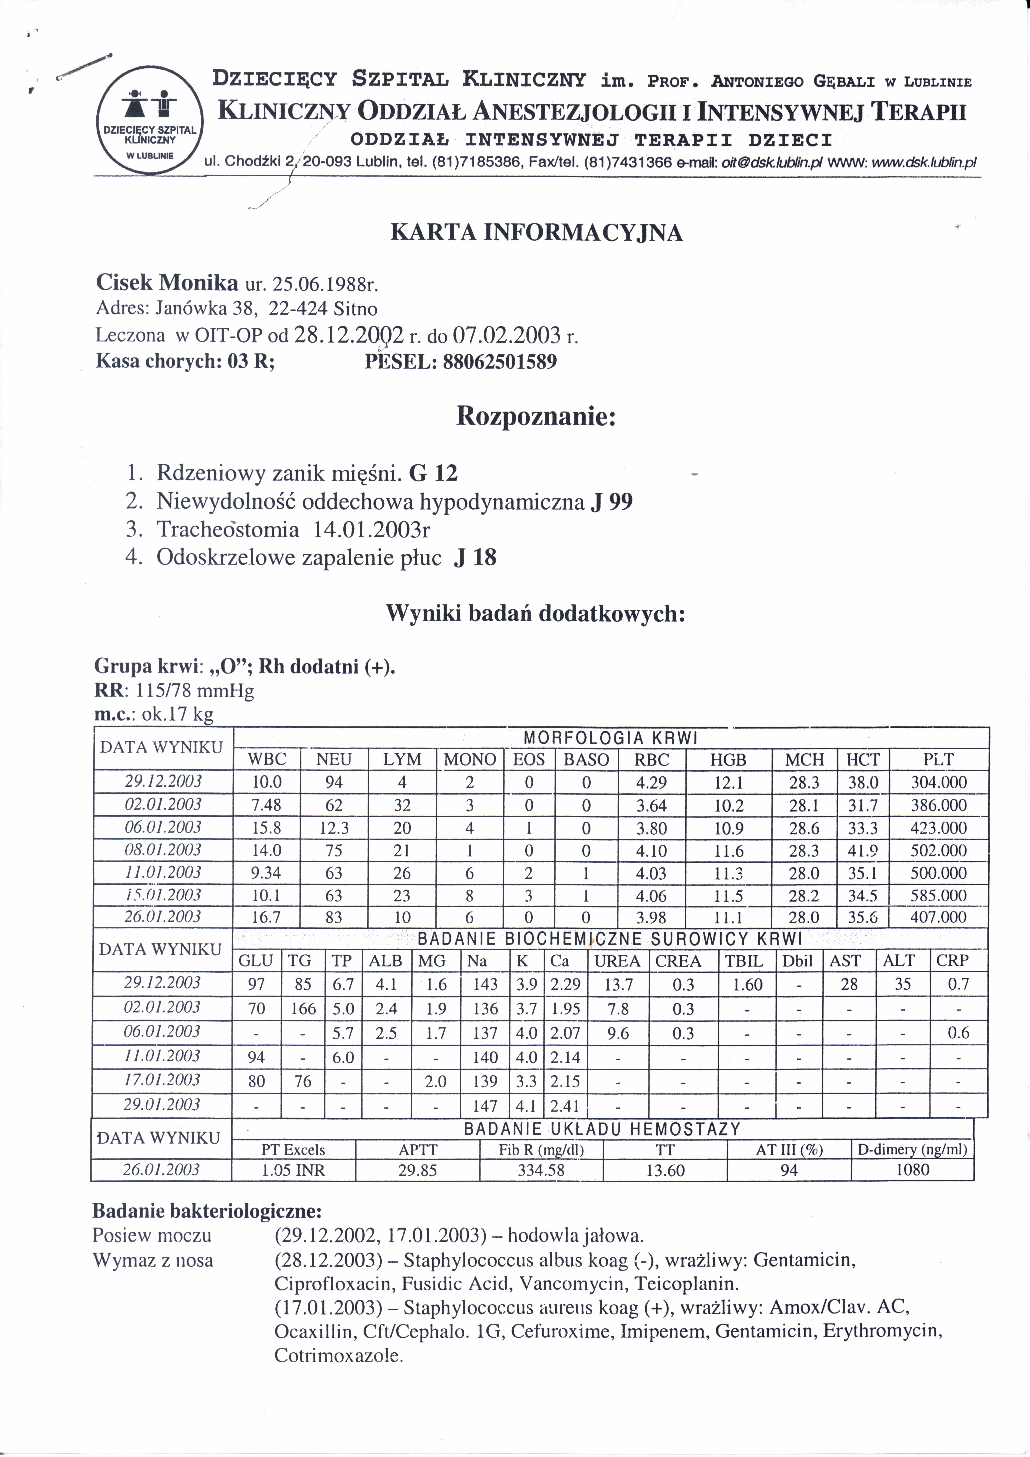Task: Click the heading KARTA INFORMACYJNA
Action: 536,233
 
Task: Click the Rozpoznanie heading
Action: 536,417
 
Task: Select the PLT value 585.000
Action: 938,895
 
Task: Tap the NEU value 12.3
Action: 334,828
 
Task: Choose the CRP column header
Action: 952,961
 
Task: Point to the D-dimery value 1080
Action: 912,1170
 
